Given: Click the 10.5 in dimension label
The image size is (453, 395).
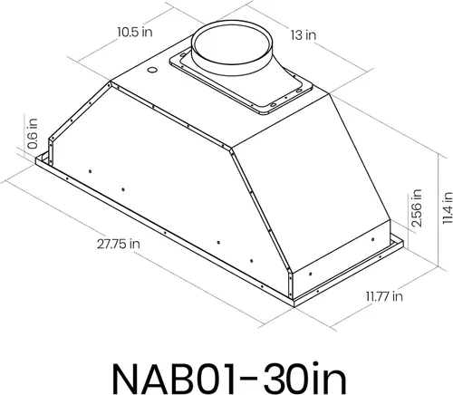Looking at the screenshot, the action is (135, 32).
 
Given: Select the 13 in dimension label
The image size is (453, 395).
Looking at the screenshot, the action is (304, 35).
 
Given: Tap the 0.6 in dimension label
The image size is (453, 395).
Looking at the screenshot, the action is (33, 133).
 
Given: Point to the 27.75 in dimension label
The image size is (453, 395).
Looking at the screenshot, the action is (119, 244).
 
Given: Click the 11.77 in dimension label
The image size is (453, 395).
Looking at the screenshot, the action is (384, 296).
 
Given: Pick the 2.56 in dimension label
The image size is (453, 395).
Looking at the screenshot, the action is (417, 208).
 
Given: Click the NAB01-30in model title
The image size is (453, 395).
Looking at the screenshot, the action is (229, 378).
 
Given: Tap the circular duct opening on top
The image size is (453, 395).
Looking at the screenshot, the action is (232, 47).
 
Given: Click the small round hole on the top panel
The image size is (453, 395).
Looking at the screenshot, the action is (152, 70).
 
